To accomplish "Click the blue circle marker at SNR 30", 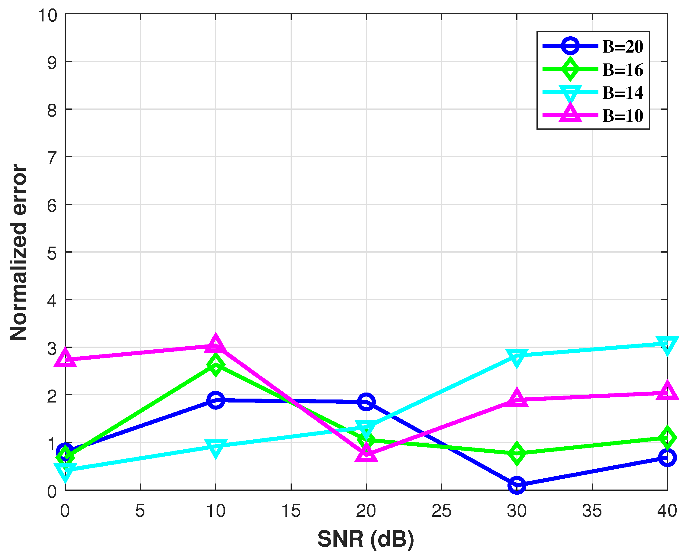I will click(517, 486).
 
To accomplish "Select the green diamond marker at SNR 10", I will click(216, 365).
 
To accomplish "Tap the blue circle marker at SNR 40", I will click(667, 458).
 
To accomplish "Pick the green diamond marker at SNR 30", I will click(517, 453).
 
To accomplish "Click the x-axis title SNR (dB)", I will click(366, 539).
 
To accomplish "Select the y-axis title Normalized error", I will click(18, 252).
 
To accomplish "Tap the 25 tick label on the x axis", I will click(441, 511).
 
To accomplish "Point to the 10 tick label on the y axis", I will click(48, 15).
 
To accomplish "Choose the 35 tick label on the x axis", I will click(592, 511).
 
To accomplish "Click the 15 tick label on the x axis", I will click(291, 511).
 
